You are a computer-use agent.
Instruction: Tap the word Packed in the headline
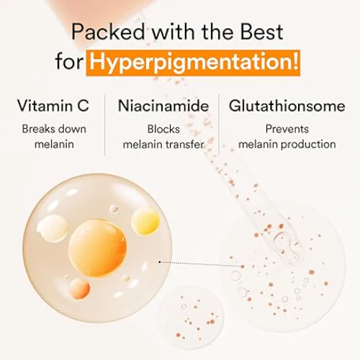click(108, 32)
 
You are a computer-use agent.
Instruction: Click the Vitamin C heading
click(53, 105)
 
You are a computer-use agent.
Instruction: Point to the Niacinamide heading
click(163, 105)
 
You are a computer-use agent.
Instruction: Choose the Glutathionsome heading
click(287, 105)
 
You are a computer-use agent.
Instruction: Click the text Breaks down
click(54, 129)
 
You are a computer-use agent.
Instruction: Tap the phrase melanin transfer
click(163, 145)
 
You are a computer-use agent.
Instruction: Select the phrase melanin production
click(287, 144)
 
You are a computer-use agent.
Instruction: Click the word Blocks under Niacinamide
click(163, 129)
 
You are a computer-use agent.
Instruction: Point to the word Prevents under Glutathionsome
click(287, 129)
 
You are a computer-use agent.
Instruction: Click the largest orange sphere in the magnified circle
click(97, 248)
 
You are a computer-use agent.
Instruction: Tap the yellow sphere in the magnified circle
click(145, 222)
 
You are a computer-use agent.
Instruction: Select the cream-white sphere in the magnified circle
click(52, 228)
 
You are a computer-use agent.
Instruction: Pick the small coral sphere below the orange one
click(79, 289)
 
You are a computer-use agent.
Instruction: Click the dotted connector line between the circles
click(201, 264)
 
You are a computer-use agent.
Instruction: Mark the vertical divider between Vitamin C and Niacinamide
click(104, 125)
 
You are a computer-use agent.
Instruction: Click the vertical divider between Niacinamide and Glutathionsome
click(219, 125)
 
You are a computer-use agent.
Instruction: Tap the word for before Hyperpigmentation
click(69, 61)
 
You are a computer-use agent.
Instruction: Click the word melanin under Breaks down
click(54, 145)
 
